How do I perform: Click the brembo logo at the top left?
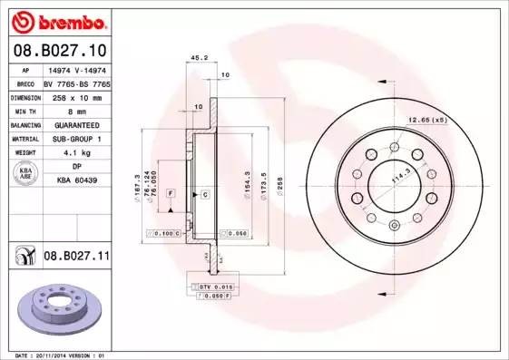[56, 20]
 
